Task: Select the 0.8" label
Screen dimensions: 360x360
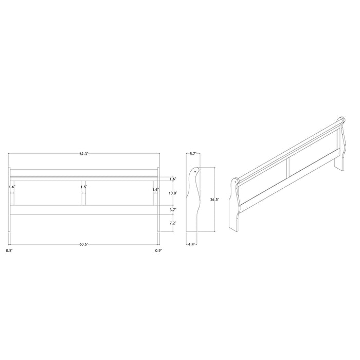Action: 9,250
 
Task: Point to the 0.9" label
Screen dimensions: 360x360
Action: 158,250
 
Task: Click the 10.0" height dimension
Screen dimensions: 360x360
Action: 173,193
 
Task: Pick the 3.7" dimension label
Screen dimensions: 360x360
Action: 173,210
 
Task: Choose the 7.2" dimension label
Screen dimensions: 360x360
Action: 173,224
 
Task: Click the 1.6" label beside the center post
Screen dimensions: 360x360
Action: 83,187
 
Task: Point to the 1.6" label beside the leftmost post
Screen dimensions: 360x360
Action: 12,187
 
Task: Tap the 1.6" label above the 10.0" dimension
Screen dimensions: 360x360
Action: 173,179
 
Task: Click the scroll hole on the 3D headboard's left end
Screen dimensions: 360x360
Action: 236,182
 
